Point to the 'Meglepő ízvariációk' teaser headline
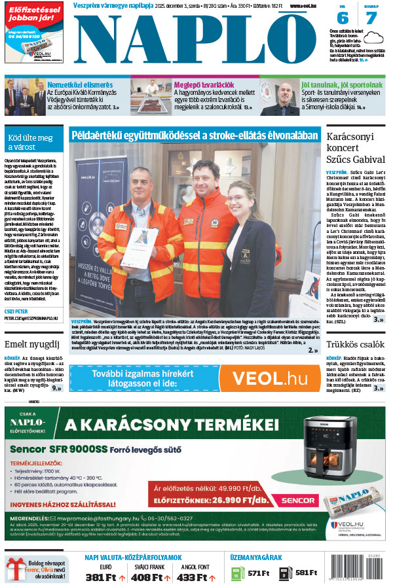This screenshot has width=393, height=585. click(204, 85)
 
